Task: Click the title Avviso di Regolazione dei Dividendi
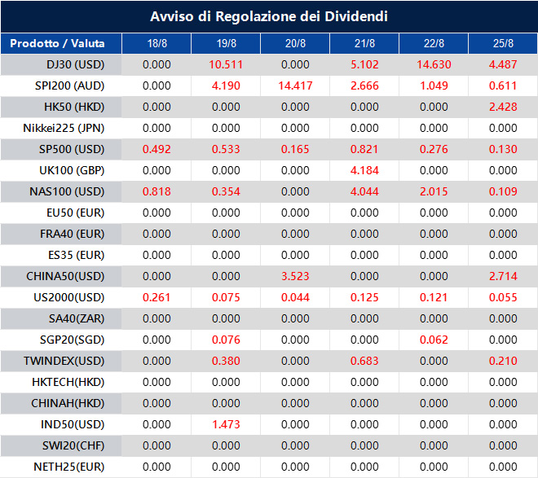pos(269,17)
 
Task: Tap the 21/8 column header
pos(364,43)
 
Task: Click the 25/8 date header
pos(503,43)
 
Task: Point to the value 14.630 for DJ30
pos(434,64)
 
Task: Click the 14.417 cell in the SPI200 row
pos(295,86)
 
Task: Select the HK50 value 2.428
pos(503,107)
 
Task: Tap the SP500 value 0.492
pos(157,149)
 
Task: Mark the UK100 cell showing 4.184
pos(364,170)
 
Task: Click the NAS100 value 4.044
pos(364,191)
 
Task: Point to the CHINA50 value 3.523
pos(295,276)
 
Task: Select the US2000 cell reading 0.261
pos(157,297)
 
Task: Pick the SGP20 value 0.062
pos(434,340)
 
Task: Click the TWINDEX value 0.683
pos(364,361)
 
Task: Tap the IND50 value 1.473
pos(226,424)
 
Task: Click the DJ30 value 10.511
pos(226,64)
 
